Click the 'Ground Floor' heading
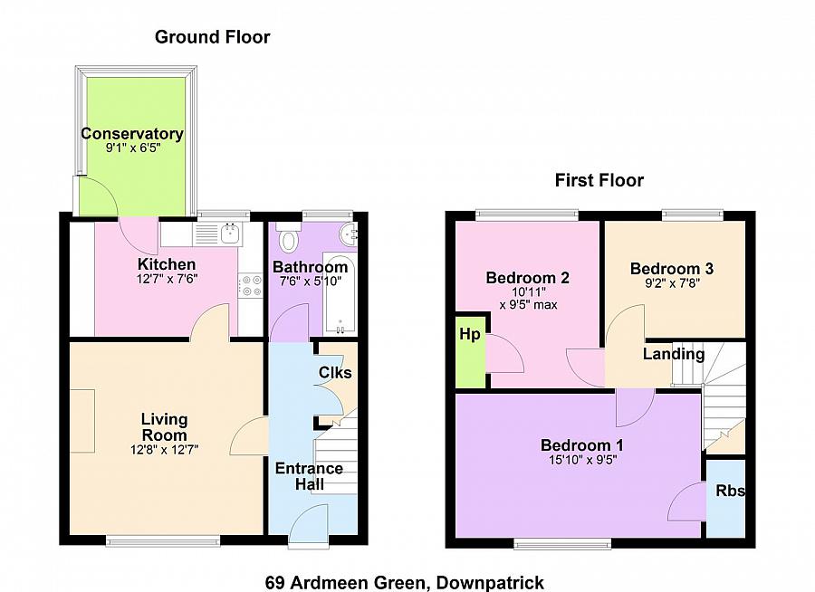212,37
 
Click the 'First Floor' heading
599,180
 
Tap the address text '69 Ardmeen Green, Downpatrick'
405,582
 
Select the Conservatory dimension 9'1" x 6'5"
132,149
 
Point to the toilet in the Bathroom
289,241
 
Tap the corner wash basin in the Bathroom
347,234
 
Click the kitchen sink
220,234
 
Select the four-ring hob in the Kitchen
248,286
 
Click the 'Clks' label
334,373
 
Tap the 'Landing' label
674,354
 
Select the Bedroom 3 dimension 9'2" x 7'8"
671,283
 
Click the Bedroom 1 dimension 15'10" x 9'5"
581,459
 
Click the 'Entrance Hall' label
309,476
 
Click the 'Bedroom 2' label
527,277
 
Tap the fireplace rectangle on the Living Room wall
81,421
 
